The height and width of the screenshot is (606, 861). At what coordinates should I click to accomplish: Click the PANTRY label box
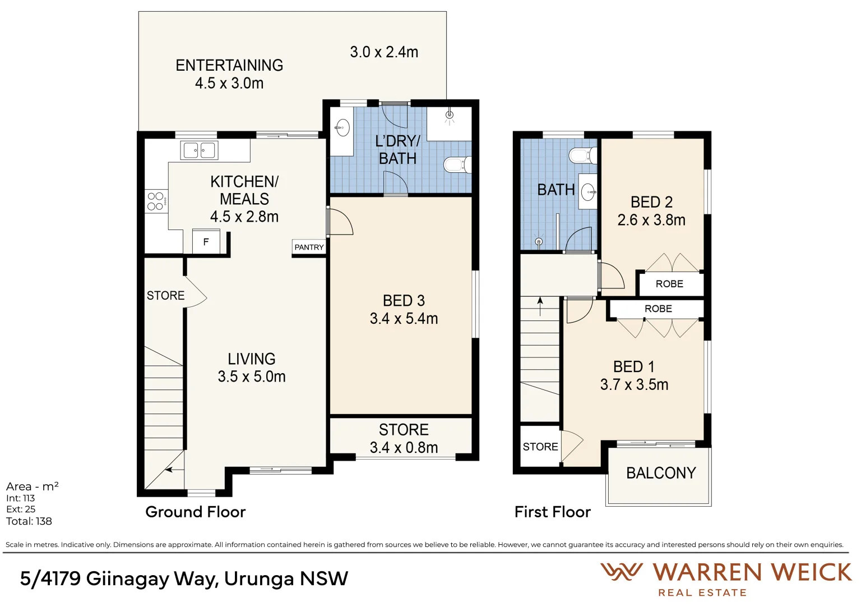(x=309, y=247)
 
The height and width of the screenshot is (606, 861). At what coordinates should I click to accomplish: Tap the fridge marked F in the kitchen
(x=206, y=242)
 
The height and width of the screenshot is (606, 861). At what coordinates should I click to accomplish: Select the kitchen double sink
(x=199, y=150)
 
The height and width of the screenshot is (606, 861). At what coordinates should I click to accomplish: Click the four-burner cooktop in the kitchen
(x=155, y=201)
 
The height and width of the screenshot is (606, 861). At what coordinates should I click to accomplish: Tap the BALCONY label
(x=661, y=473)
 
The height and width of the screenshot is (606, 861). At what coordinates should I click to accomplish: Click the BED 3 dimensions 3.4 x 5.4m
(x=404, y=319)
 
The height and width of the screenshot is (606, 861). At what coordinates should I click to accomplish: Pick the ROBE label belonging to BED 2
(x=669, y=284)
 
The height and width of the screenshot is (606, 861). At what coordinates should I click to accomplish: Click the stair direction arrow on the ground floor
(x=175, y=470)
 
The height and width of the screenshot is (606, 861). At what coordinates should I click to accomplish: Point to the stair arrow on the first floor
(x=540, y=306)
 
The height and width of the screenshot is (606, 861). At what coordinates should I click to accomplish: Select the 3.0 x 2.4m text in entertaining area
(x=384, y=52)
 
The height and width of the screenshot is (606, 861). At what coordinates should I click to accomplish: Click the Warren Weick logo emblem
(x=621, y=572)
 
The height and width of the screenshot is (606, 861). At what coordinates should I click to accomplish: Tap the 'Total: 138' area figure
(x=29, y=521)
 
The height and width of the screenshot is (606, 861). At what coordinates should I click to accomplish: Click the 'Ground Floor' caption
(x=195, y=512)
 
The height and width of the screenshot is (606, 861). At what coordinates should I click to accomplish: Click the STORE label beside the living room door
(x=165, y=296)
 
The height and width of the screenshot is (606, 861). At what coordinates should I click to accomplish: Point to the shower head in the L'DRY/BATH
(x=449, y=116)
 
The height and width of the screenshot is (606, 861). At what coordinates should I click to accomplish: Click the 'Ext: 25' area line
(x=21, y=509)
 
